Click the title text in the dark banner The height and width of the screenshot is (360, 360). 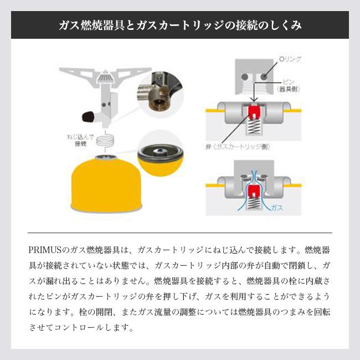coord(180,25)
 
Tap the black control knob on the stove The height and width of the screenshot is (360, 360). coord(86,117)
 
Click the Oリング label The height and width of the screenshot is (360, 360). coord(291,57)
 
